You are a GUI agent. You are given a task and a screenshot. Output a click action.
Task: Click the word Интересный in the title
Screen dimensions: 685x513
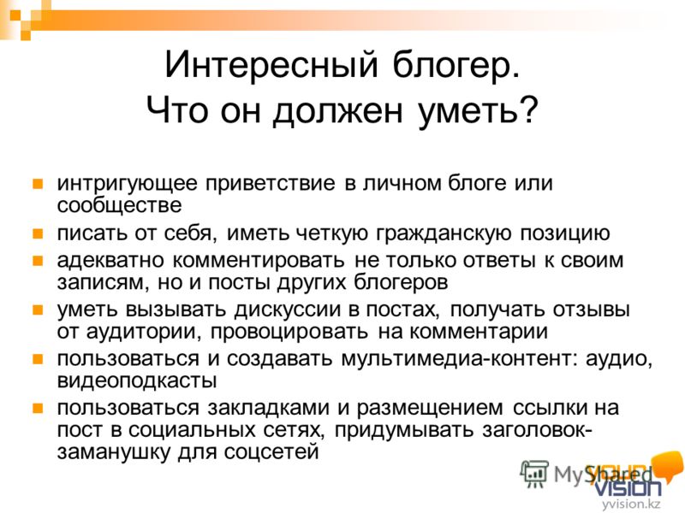click(271, 65)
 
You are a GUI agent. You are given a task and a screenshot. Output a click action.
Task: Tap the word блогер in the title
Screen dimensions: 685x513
click(456, 66)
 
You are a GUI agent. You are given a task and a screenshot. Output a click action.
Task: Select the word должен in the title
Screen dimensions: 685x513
click(337, 110)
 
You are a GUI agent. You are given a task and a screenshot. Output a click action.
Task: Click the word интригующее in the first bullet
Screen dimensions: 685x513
click(127, 184)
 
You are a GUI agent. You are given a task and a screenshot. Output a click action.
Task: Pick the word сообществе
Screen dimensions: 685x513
click(119, 205)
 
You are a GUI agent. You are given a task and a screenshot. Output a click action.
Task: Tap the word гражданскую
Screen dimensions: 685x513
click(444, 233)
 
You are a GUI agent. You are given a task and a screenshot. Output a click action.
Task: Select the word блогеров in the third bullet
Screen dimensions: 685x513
click(401, 283)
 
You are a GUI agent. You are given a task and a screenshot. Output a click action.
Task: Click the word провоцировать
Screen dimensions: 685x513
click(289, 332)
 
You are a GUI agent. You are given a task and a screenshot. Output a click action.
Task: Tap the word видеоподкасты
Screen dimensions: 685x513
click(137, 380)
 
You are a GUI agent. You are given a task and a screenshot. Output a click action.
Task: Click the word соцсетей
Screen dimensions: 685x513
click(271, 452)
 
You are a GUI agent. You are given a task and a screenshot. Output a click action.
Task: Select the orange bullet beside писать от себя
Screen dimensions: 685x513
click(38, 233)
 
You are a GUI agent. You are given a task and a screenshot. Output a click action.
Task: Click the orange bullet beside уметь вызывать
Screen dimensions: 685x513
click(38, 310)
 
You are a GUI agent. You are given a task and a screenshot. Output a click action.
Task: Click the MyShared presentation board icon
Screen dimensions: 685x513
click(533, 474)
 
